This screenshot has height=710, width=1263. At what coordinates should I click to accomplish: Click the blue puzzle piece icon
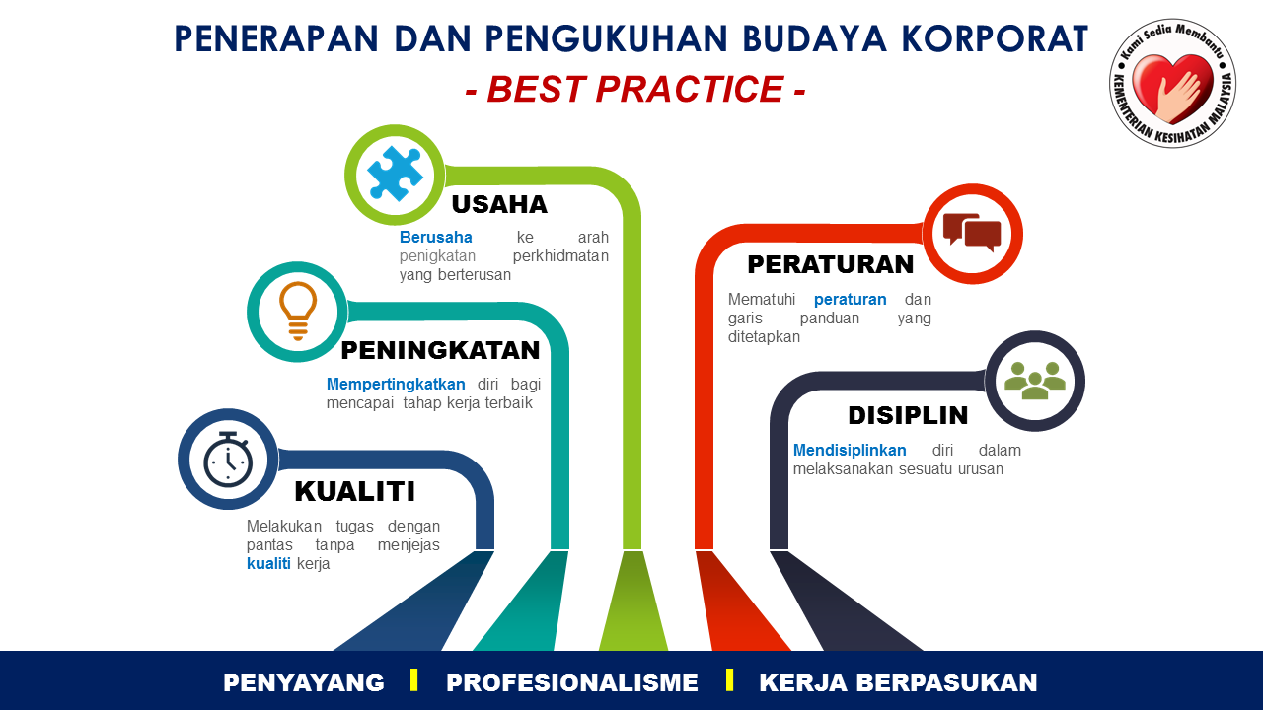[x=395, y=175]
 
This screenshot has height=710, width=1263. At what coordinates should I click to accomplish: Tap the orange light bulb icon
[x=298, y=311]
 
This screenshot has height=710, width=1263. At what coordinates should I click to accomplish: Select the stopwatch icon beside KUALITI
[x=228, y=460]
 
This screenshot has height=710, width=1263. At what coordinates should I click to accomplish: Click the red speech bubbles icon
[x=972, y=232]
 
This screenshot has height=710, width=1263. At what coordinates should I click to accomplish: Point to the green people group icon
[x=1035, y=381]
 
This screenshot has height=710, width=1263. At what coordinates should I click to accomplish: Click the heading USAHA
[x=499, y=204]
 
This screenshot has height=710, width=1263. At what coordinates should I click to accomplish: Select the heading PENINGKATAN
[x=440, y=350]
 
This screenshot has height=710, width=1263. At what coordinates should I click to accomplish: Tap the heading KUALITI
[x=354, y=491]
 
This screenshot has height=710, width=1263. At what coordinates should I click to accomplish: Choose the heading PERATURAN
[x=830, y=265]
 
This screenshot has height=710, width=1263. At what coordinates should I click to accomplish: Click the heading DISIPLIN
[x=908, y=415]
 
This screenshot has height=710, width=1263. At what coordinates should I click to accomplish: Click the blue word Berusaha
[x=436, y=238]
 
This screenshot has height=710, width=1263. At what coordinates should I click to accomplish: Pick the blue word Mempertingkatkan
[x=396, y=385]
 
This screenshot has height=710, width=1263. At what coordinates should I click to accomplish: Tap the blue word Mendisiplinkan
[x=850, y=451]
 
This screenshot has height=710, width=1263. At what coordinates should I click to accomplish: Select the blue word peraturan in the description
[x=851, y=300]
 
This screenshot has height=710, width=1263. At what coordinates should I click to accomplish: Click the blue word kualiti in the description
[x=268, y=563]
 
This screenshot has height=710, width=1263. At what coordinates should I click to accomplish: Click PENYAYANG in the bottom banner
[x=303, y=683]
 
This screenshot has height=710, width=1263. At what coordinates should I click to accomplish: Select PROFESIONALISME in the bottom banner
[x=571, y=683]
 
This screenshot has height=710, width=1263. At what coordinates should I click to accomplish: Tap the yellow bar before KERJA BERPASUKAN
[x=729, y=679]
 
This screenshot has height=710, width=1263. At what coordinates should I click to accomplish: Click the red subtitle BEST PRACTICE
[x=635, y=89]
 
